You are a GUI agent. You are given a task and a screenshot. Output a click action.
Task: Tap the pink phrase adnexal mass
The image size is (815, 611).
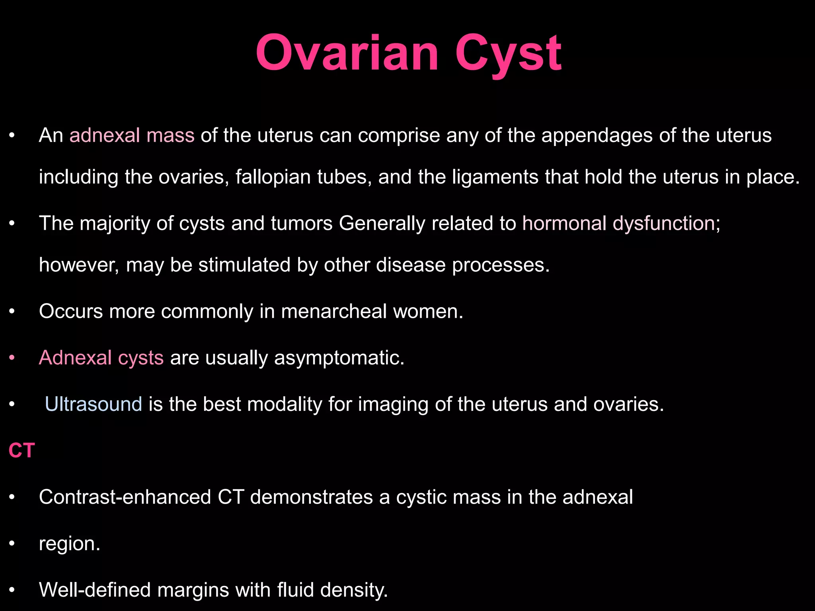132,135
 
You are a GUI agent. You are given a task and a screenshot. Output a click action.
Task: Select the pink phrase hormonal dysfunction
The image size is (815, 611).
618,223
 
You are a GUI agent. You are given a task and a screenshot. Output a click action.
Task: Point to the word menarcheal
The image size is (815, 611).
334,311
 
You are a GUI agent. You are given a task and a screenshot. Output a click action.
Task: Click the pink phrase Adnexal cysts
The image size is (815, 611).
101,358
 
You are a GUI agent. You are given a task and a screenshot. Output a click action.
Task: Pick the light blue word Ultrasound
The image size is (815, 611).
94,404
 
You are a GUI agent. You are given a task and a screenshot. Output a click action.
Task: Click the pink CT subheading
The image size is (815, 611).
21,451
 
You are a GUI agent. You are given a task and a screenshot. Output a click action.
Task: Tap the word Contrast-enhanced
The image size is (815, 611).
125,497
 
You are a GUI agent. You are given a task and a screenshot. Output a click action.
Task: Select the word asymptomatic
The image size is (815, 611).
339,358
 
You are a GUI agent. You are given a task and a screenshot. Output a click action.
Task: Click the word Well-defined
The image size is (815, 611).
95,590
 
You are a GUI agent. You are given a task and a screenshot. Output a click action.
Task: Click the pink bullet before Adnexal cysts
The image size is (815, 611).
12,358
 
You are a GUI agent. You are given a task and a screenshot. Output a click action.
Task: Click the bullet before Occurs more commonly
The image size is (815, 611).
12,311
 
